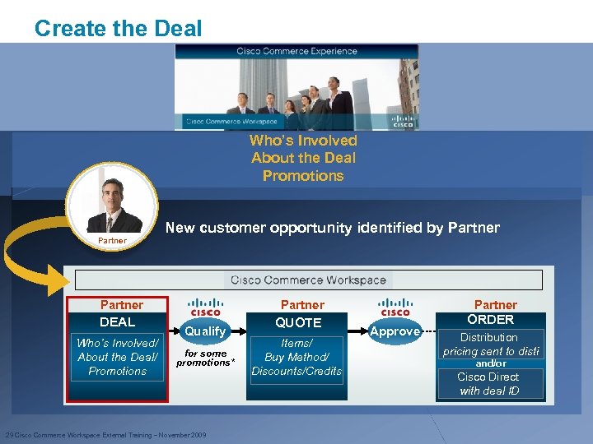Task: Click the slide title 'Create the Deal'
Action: [118, 29]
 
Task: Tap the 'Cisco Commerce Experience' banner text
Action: [296, 51]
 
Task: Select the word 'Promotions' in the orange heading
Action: [303, 175]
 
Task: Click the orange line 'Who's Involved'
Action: [303, 141]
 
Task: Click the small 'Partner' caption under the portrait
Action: [112, 241]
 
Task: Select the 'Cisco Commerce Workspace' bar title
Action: [308, 280]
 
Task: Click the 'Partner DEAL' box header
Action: [118, 313]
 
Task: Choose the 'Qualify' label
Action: [205, 331]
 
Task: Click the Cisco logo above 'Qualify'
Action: [205, 307]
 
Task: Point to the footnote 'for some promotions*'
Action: [205, 358]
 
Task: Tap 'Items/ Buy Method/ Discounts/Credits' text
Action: [296, 357]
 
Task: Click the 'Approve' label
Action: [395, 331]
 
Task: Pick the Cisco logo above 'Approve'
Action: [395, 307]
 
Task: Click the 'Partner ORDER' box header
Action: [491, 312]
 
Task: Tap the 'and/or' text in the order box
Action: [490, 363]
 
